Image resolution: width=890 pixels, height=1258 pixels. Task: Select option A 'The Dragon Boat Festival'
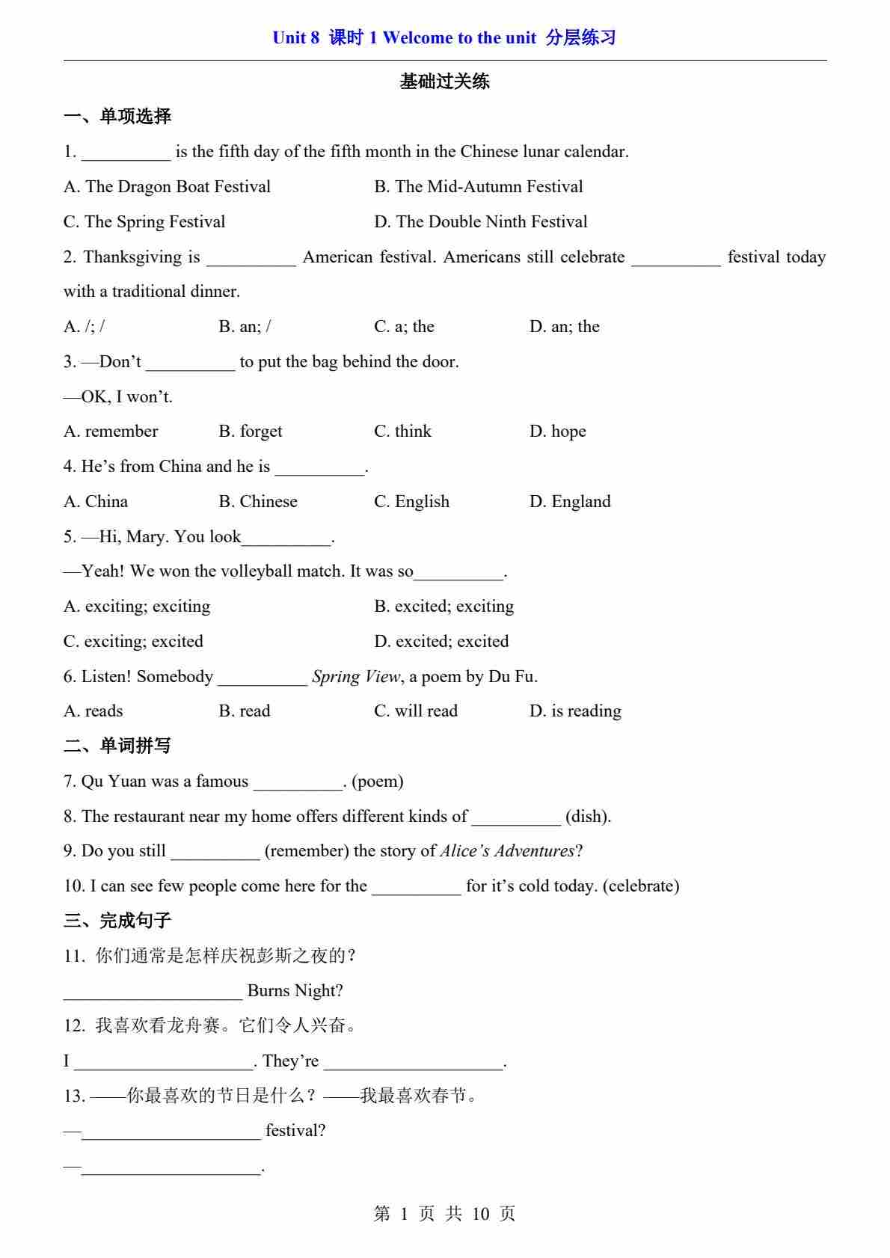(x=167, y=186)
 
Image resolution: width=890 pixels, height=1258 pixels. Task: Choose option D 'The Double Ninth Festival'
(x=480, y=221)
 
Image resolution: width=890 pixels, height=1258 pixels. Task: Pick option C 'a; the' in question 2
(x=404, y=326)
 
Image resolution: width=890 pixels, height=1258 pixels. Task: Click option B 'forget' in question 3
(x=251, y=431)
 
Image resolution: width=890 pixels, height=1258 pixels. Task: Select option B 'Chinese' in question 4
(x=258, y=501)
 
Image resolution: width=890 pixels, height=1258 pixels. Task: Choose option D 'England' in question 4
(x=570, y=501)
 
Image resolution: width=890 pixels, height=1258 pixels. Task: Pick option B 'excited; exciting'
(x=444, y=606)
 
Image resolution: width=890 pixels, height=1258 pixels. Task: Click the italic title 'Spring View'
(x=356, y=676)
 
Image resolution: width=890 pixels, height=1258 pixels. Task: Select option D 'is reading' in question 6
(x=575, y=711)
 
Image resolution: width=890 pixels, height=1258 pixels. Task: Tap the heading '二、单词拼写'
(x=117, y=746)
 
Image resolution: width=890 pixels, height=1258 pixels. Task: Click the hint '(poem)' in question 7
(x=378, y=781)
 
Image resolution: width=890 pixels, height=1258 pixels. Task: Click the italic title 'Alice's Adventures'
(x=507, y=850)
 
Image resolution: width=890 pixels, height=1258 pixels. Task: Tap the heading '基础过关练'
(x=444, y=82)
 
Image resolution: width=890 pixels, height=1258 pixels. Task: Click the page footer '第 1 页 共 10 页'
(x=444, y=1213)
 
